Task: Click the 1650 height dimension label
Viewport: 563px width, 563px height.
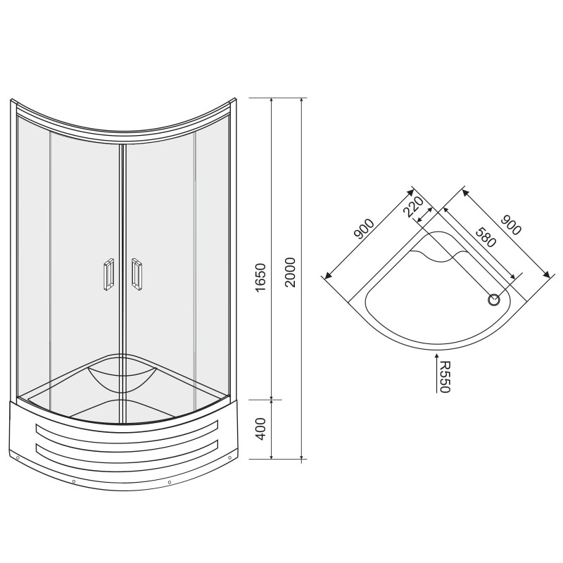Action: coord(260,277)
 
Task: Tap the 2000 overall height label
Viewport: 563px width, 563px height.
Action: coord(290,272)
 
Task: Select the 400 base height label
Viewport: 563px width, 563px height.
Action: coord(260,429)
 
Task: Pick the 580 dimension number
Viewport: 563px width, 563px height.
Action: coord(486,237)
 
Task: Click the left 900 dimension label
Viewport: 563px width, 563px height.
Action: coord(364,229)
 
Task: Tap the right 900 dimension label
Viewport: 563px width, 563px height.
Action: coord(511,225)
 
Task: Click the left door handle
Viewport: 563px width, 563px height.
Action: coord(109,274)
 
